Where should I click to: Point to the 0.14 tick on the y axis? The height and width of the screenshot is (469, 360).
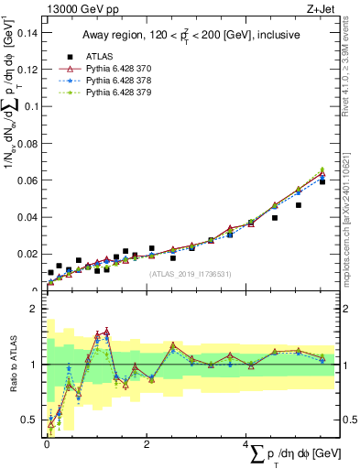29,32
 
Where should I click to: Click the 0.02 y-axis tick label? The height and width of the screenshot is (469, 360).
29,254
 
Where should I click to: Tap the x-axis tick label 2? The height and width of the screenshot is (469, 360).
147,443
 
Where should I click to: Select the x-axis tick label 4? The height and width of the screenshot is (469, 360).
246,443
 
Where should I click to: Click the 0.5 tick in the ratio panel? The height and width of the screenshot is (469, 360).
33,420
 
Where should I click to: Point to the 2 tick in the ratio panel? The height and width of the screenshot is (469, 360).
38,309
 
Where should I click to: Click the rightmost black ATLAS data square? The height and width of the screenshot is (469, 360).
322,182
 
